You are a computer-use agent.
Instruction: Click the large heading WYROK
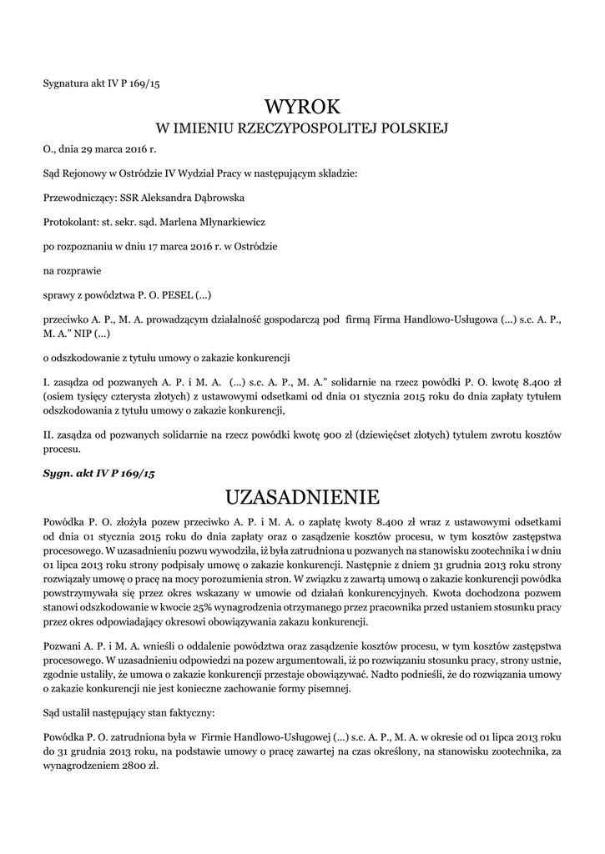click(302, 107)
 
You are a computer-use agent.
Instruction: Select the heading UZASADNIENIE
click(302, 497)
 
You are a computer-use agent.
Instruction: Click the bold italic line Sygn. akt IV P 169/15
click(99, 473)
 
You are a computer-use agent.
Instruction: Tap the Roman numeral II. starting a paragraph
click(48, 436)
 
